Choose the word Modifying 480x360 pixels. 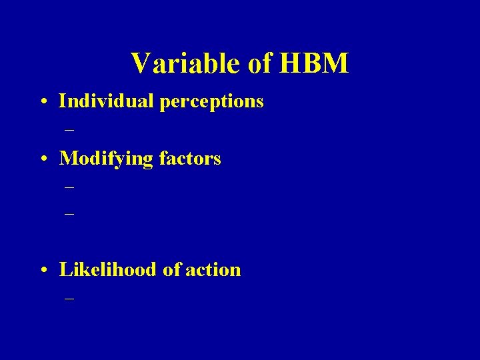105,159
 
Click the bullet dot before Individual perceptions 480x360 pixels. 43,103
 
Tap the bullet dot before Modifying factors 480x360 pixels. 43,160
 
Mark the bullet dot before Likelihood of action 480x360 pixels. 43,271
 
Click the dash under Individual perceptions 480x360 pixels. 69,130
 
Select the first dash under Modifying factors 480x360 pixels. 69,188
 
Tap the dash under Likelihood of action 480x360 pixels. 69,299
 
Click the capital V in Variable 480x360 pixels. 141,64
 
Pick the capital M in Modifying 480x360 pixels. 69,159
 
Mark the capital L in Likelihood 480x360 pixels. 65,269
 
